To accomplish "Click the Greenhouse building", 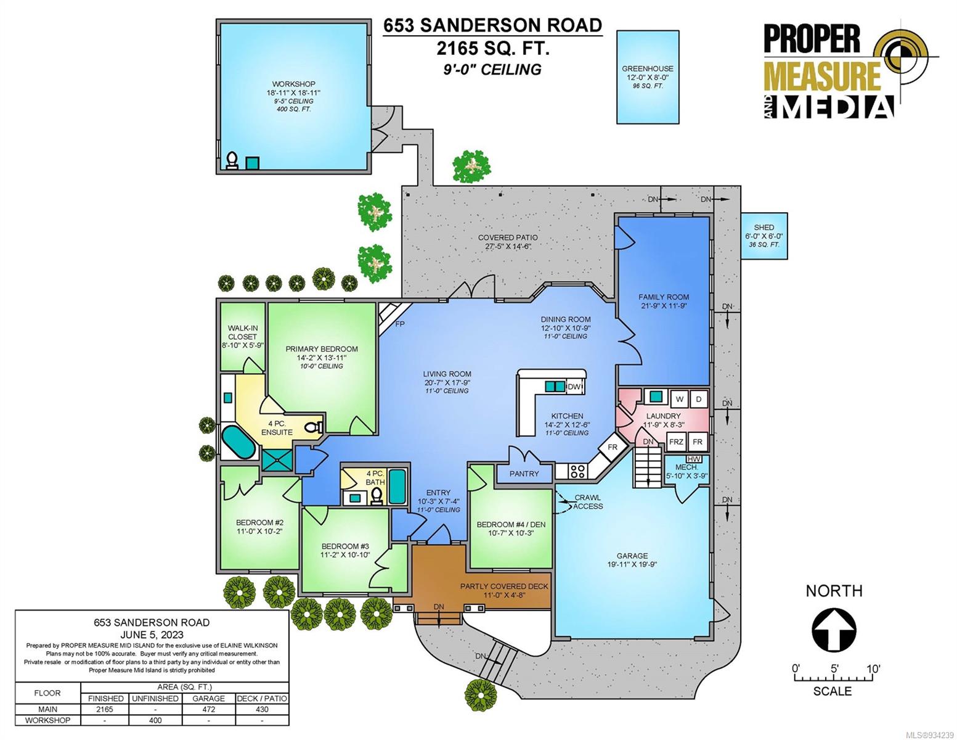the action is coord(647,76).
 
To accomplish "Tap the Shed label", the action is coord(764,228).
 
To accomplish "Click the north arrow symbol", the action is coord(834,630).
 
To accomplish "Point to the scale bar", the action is coord(833,678).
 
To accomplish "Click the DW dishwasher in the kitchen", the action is coord(574,387).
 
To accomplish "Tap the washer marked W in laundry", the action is coord(680,400).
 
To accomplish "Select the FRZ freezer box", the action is coord(676,442).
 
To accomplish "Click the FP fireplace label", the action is coord(400,324).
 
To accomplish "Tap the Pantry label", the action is coord(524,474).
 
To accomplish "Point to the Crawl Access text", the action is coord(587,501).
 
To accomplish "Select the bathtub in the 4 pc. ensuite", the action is coord(238,442).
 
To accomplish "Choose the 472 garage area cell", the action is coord(208,709).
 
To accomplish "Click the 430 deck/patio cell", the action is coord(262,709).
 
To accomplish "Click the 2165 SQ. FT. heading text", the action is coord(493,49).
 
